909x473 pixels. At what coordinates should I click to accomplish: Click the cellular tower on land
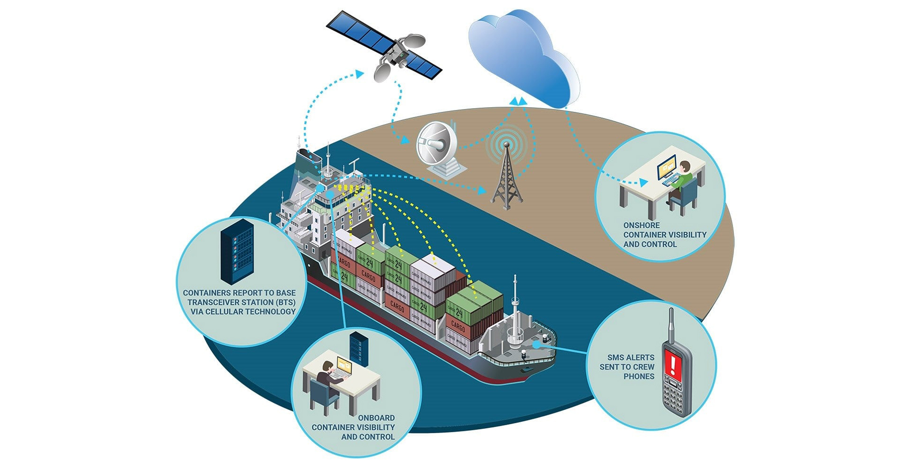pos(507,175)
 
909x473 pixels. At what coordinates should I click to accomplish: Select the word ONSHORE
pos(641,226)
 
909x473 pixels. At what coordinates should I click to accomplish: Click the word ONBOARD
pos(376,418)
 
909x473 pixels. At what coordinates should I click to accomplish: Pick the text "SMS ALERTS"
pos(631,358)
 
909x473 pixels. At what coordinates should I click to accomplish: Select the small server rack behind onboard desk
pos(359,348)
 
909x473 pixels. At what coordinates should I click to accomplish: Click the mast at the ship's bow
pos(515,307)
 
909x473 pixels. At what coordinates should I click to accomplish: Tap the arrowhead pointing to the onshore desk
pos(643,182)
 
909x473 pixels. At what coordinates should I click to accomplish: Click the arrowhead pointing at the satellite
pos(360,74)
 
